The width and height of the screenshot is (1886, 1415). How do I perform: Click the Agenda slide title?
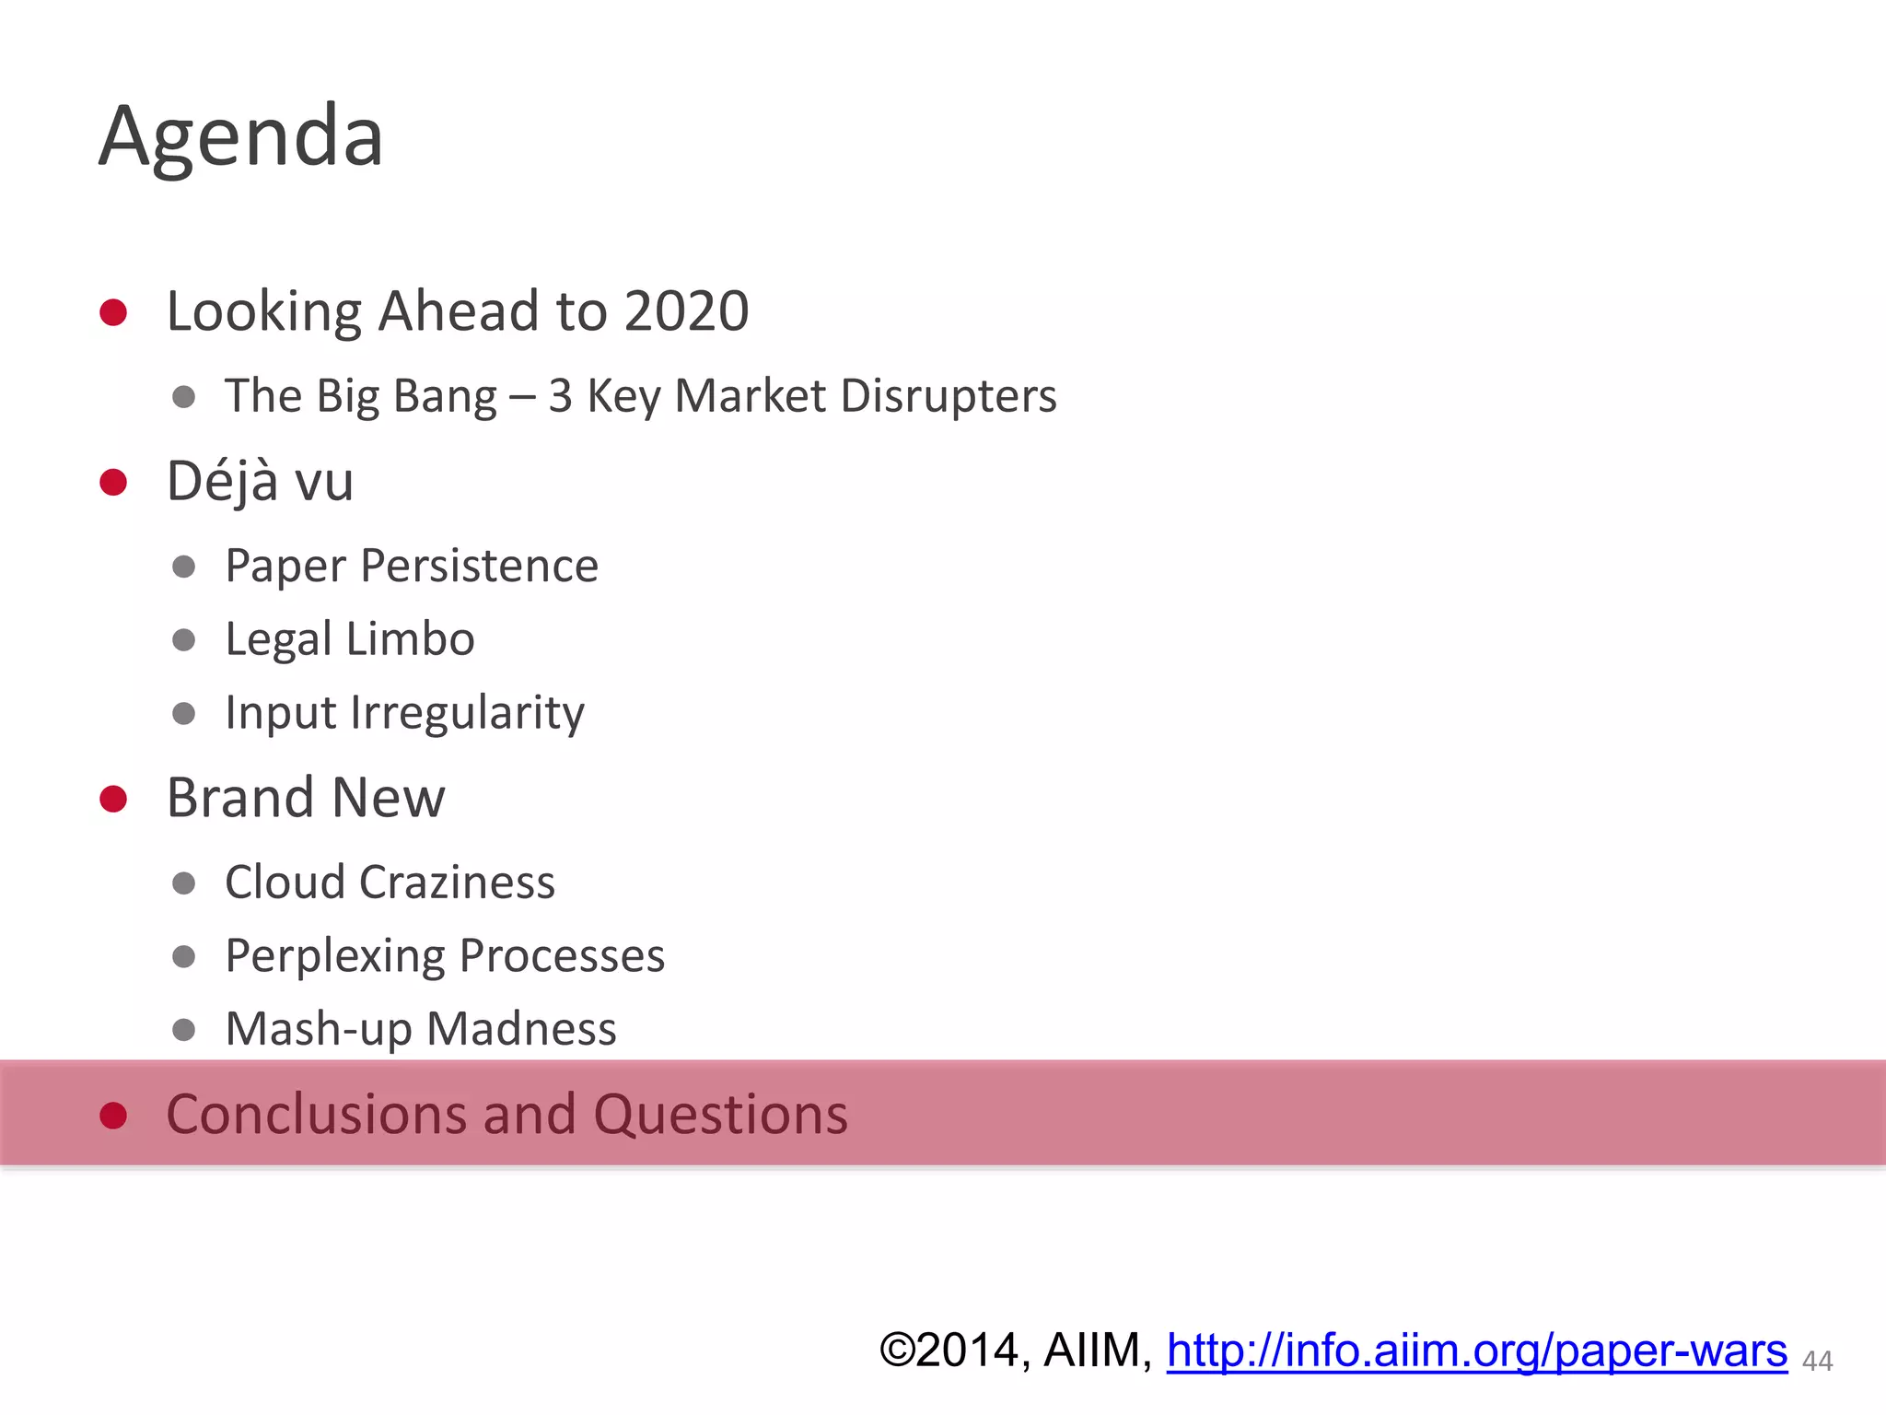coord(241,136)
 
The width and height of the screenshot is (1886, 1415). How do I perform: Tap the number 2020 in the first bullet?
coord(686,311)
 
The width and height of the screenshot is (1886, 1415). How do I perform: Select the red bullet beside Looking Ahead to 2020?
coord(113,312)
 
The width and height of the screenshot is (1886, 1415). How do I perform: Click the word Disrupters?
coord(949,396)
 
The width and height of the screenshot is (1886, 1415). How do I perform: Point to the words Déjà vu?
coord(260,481)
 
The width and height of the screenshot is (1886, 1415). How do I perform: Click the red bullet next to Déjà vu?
coord(113,482)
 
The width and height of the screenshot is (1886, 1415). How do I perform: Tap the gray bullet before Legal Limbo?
coord(184,639)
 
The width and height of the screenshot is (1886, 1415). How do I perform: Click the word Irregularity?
coord(467,713)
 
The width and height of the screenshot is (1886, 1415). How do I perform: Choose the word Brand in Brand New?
coord(240,798)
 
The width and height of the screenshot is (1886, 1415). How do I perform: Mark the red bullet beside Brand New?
coord(113,799)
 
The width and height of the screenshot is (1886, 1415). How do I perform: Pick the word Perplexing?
coord(333,956)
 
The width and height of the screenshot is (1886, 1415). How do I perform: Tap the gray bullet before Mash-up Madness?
coord(184,1029)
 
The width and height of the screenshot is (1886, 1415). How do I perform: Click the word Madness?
coord(521,1029)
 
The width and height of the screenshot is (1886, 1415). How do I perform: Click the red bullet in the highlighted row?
coord(113,1116)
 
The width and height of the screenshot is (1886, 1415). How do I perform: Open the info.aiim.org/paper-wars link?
coord(1476,1351)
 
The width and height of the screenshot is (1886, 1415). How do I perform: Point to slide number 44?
coord(1817,1361)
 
